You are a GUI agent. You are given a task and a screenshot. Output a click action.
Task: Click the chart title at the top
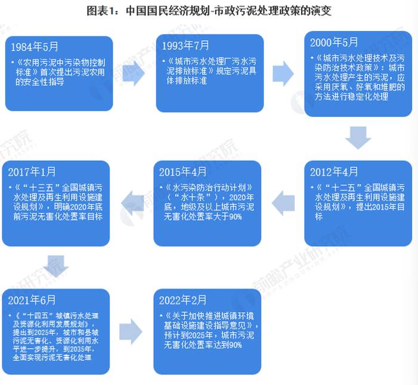coord(209,11)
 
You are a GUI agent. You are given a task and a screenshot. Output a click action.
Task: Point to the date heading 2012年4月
coord(335,172)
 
